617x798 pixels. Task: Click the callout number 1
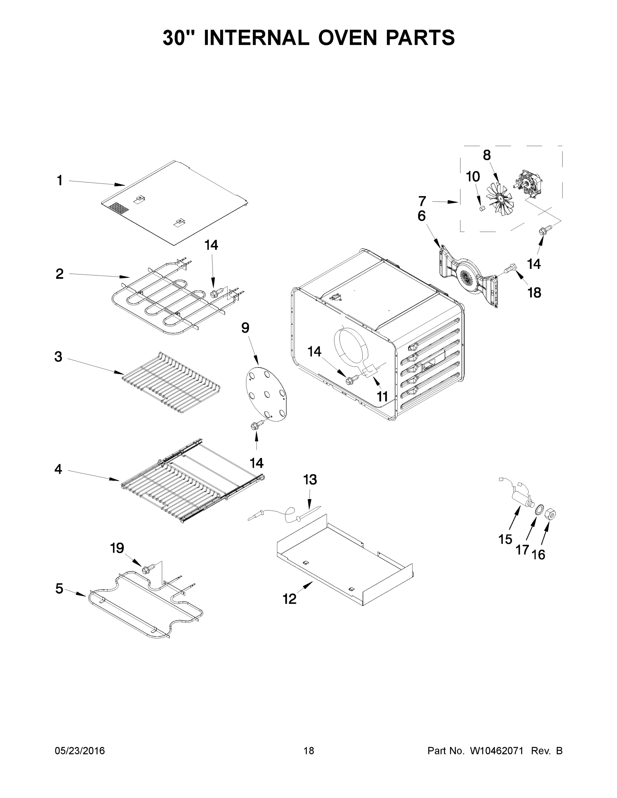point(60,181)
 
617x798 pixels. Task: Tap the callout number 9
point(245,328)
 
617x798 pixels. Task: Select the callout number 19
point(117,548)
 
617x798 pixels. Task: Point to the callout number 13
point(310,480)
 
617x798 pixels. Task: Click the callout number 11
point(382,396)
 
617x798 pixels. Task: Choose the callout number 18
point(535,292)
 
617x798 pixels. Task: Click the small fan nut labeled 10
point(482,208)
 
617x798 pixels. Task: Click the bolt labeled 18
point(510,269)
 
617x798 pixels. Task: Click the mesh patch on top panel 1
point(119,208)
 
